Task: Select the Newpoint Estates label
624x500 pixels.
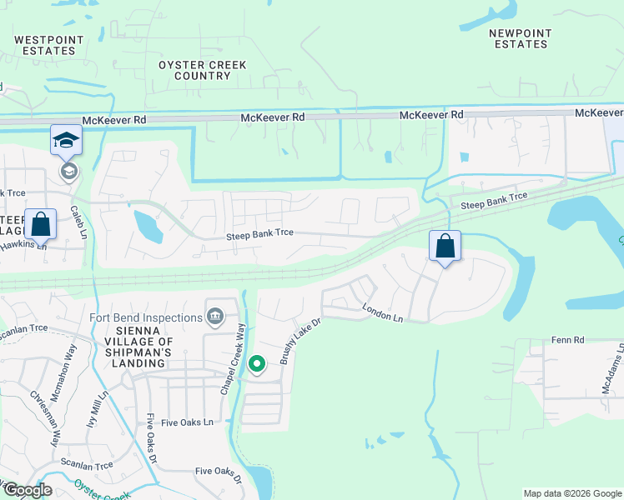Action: [x=520, y=38]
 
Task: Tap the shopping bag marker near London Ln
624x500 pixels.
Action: [x=445, y=247]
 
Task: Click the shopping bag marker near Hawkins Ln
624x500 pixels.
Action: [x=40, y=224]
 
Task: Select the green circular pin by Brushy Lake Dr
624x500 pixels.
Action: [x=258, y=364]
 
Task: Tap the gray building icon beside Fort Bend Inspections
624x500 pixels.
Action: [x=215, y=315]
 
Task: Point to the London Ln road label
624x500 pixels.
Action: [x=383, y=312]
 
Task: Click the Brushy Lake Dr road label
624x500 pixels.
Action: [x=300, y=341]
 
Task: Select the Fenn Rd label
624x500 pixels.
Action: [x=567, y=341]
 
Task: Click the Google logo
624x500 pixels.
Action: [x=27, y=490]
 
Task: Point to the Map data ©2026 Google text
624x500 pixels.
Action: [x=572, y=493]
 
